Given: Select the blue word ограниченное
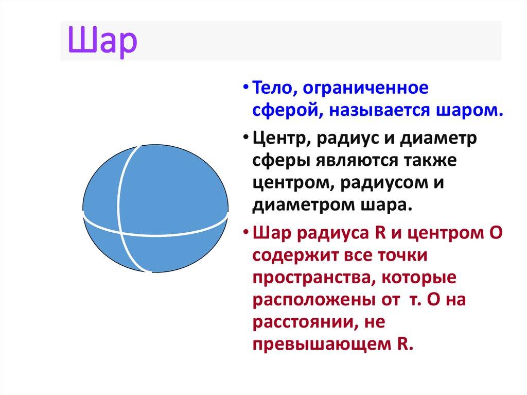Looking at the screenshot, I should coord(365,88).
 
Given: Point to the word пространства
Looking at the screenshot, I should coord(307,278).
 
